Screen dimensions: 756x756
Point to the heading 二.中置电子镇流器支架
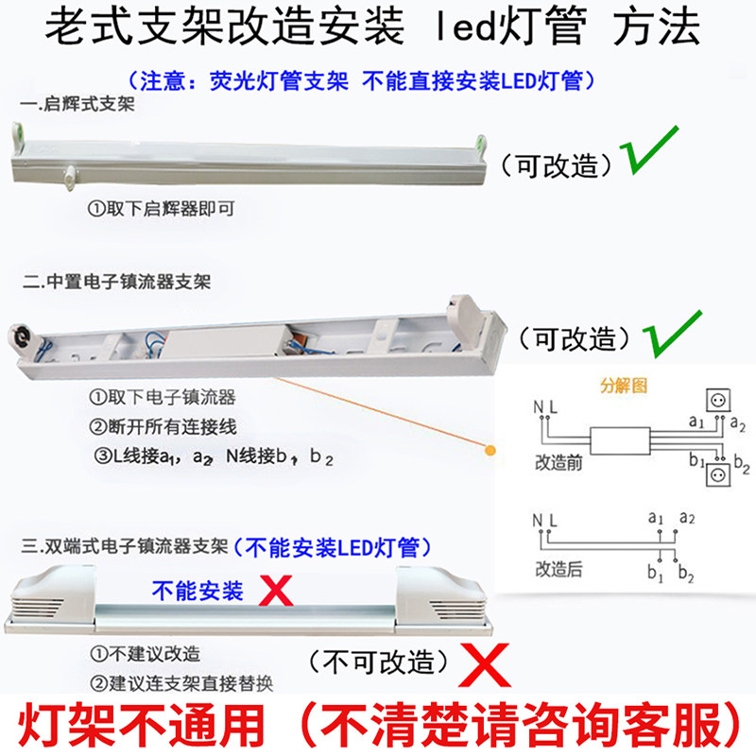(116, 282)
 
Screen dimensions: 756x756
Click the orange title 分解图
(620, 387)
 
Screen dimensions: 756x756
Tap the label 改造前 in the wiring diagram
(556, 462)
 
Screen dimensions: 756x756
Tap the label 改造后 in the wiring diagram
(556, 569)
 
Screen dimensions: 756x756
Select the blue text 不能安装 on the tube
(198, 592)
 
